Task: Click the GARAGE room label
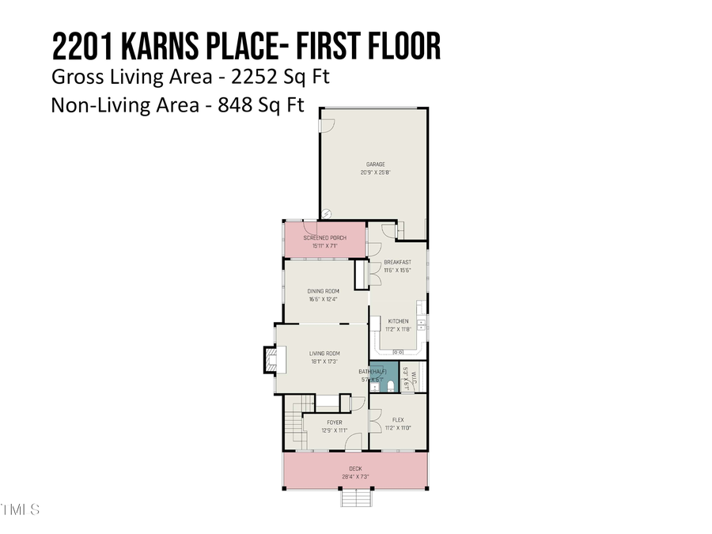(x=376, y=165)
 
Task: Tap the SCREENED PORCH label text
(x=324, y=237)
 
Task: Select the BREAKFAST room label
(x=397, y=262)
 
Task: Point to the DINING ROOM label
(x=324, y=291)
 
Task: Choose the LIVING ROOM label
(x=324, y=353)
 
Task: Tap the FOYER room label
(x=334, y=422)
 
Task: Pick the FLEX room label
(x=398, y=419)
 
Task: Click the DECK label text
(x=355, y=468)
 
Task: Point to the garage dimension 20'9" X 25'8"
(x=376, y=172)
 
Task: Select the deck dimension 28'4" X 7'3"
(x=355, y=476)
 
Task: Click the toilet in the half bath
(x=392, y=385)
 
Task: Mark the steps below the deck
(x=355, y=499)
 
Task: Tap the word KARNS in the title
(x=169, y=47)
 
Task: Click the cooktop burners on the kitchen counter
(x=398, y=352)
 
